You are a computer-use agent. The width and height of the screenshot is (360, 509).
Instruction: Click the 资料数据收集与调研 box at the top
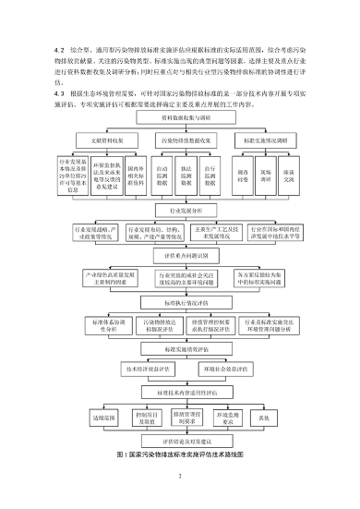pyautogui.click(x=180, y=119)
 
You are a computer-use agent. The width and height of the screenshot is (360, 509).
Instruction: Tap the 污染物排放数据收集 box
pyautogui.click(x=180, y=141)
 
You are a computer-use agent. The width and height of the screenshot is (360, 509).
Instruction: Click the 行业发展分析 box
pyautogui.click(x=180, y=211)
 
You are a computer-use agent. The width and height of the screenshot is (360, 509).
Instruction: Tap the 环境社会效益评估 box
pyautogui.click(x=221, y=368)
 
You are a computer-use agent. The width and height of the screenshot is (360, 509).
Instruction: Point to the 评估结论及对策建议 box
pyautogui.click(x=180, y=441)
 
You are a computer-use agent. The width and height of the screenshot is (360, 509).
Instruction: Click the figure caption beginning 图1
pyautogui.click(x=180, y=455)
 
